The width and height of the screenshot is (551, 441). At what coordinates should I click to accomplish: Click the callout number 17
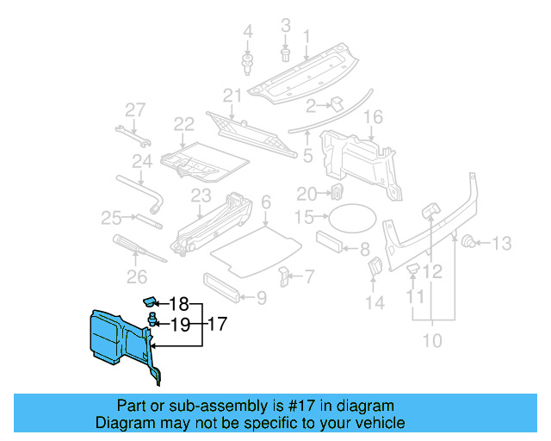(217, 325)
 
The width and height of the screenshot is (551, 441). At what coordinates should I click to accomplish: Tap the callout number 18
(178, 304)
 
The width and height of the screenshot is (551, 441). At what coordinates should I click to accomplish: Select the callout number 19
(178, 325)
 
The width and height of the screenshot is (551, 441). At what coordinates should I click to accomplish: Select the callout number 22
(183, 126)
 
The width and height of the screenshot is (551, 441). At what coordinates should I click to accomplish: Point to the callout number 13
(501, 243)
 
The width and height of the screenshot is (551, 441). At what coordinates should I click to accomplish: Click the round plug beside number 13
(470, 241)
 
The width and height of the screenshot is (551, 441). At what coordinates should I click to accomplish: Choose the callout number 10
(431, 341)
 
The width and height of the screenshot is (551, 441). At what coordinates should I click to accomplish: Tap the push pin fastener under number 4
(248, 62)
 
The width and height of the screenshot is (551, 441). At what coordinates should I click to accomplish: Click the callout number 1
(306, 36)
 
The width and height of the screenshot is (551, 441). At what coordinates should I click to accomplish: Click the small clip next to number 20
(337, 191)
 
